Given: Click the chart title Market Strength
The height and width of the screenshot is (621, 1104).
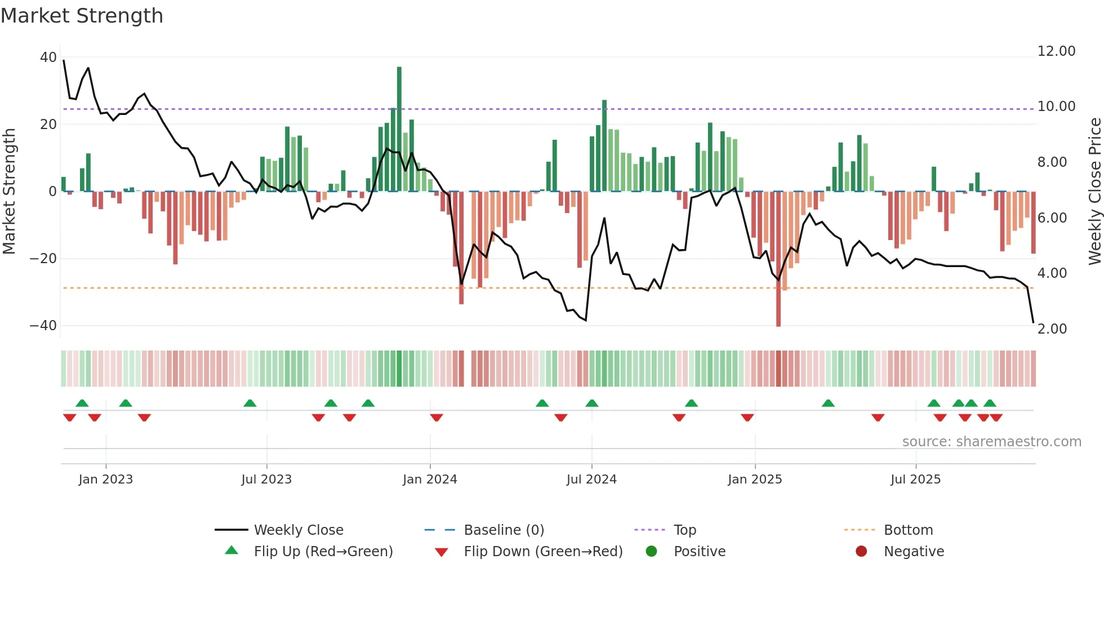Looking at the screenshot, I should (x=82, y=16).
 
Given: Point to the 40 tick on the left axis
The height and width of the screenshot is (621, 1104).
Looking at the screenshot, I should (x=48, y=57).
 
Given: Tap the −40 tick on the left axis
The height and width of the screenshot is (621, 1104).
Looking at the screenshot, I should (x=43, y=326).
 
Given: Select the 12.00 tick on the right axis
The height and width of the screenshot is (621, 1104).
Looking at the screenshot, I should (x=1056, y=51).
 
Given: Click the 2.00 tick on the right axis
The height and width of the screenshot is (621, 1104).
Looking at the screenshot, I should (x=1052, y=329).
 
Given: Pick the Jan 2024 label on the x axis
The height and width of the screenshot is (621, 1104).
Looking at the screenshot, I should (x=430, y=480).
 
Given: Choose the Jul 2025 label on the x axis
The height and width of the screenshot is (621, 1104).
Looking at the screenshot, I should (x=915, y=480).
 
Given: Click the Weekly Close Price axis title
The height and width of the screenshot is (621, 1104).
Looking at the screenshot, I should (x=1094, y=192).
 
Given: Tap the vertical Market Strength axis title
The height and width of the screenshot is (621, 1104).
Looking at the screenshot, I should (x=9, y=192).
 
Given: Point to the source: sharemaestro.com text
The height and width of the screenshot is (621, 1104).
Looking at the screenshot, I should (x=991, y=442).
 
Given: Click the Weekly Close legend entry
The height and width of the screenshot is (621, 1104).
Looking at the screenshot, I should (x=298, y=530).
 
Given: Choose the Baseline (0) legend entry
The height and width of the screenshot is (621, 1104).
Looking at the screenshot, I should (x=504, y=530).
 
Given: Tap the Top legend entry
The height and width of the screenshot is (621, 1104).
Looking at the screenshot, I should (x=684, y=530).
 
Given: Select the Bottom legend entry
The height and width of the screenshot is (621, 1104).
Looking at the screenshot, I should (x=908, y=530).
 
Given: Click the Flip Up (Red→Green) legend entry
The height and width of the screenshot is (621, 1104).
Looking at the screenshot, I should (x=323, y=552).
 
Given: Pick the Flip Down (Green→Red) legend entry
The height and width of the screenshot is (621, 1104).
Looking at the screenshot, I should (x=543, y=552).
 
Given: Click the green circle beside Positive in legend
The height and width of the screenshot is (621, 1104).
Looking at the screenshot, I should (x=651, y=552).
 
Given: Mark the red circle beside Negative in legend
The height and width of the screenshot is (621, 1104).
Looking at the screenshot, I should (x=861, y=552).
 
